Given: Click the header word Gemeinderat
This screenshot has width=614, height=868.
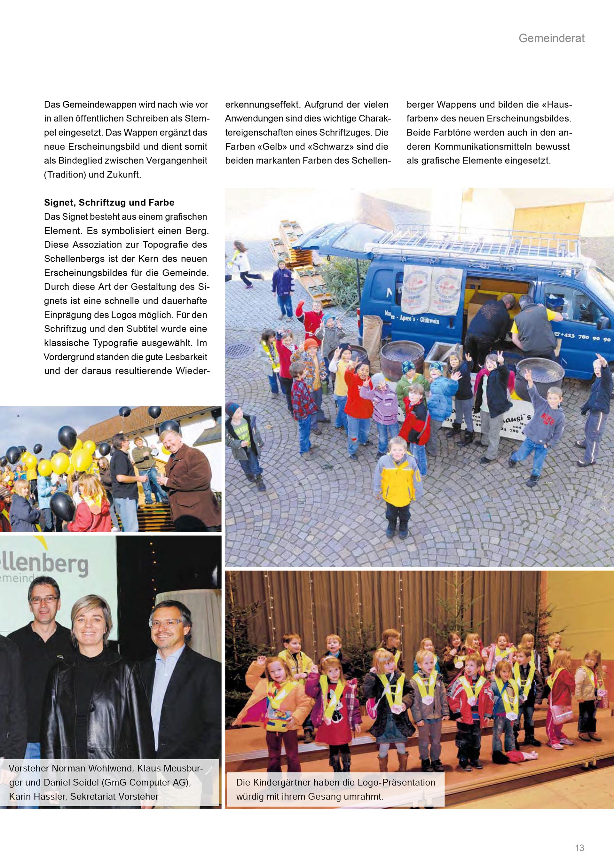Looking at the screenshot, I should pyautogui.click(x=551, y=38).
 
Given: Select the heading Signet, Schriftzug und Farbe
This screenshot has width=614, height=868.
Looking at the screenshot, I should pyautogui.click(x=109, y=203).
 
